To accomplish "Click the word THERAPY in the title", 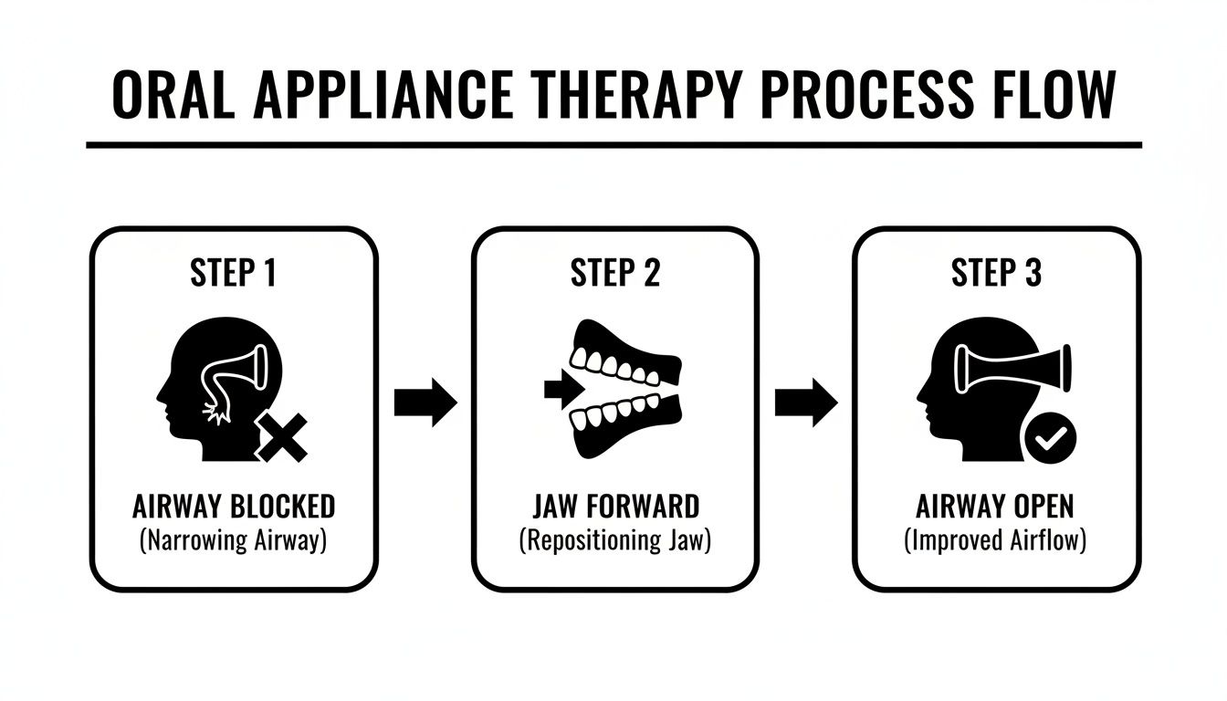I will pos(638,94).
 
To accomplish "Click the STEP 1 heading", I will pos(233,274).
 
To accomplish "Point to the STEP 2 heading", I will pos(614,274).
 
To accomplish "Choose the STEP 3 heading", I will pos(996,274).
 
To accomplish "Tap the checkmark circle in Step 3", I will pos(1050,439).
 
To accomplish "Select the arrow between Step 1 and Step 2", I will pos(425,402).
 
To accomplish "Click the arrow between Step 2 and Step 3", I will pos(805,402).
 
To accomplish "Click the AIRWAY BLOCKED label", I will pos(233,506).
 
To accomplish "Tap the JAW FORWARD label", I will pos(614,506).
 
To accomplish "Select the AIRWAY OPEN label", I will pos(996,506).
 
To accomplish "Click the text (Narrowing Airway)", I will pos(233,539).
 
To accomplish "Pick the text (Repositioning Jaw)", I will pos(614,539).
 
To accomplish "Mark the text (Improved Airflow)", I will pos(996,539).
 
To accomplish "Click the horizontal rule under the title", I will pos(613,145).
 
